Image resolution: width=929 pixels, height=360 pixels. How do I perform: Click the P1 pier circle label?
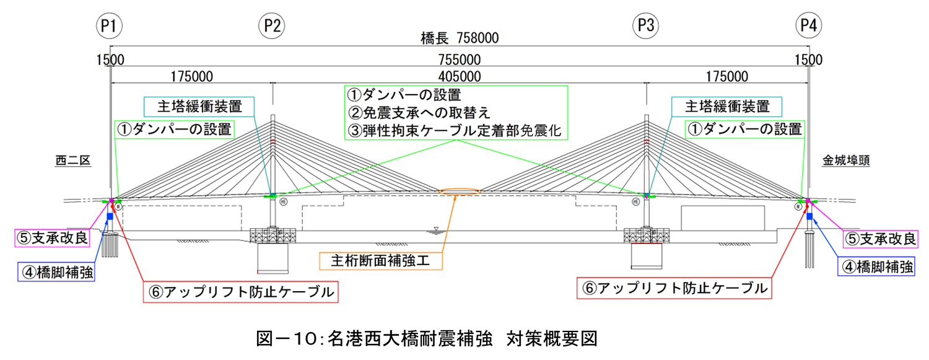point(110,25)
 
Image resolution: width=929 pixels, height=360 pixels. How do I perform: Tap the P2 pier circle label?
point(272,25)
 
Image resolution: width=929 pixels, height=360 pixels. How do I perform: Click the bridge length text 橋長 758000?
point(460,38)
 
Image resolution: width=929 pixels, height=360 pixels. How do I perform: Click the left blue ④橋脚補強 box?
point(56,271)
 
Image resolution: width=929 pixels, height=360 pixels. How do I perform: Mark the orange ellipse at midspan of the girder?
point(460,191)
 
